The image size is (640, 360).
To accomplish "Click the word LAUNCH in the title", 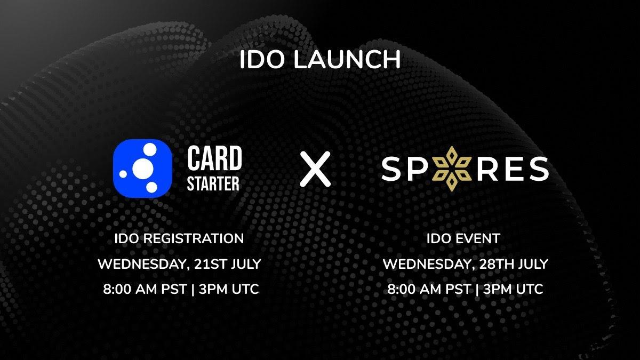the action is (x=347, y=59).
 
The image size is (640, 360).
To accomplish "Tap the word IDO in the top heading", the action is (x=262, y=59).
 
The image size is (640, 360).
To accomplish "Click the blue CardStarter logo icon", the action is (x=142, y=169).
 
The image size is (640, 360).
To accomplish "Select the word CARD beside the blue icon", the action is (x=214, y=158).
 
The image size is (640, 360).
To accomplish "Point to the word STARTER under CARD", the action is (x=213, y=183).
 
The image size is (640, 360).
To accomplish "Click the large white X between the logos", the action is (x=315, y=169).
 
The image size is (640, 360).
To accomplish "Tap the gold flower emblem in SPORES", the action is (x=451, y=169).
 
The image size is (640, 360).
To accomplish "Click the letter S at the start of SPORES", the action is (x=391, y=169).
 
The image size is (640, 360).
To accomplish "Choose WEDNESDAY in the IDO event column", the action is (x=429, y=265).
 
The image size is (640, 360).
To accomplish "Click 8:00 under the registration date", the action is (x=117, y=289).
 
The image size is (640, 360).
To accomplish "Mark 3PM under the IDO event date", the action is (x=495, y=289).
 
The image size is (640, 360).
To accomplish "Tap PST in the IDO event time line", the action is (x=458, y=289).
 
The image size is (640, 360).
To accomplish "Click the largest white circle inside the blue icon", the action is (x=143, y=169).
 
